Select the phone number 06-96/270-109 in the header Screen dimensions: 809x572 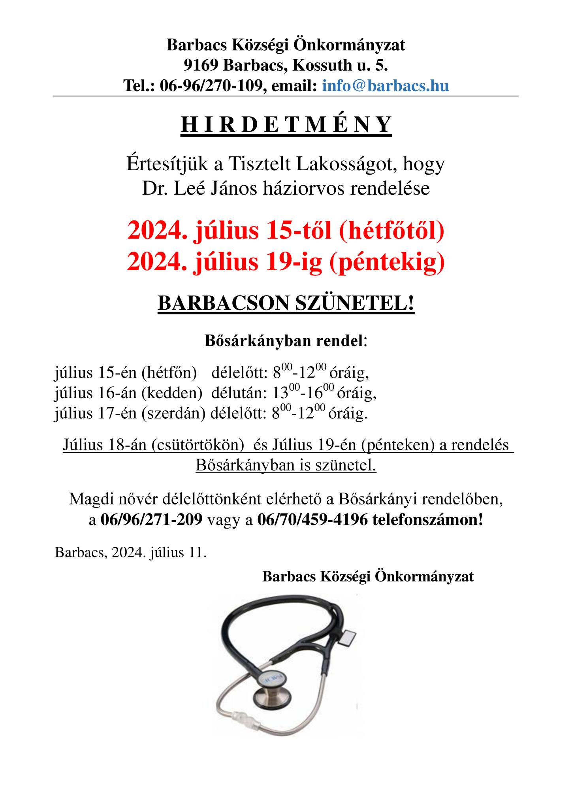pos(211,85)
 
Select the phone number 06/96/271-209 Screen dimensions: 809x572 pos(152,519)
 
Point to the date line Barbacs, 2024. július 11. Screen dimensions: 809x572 pos(131,552)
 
